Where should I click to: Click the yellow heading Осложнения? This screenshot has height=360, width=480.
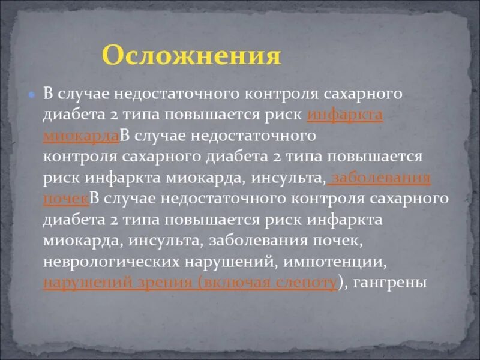(x=191, y=55)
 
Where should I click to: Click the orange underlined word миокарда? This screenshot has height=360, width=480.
(x=81, y=135)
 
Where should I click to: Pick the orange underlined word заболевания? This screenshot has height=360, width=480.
(x=381, y=178)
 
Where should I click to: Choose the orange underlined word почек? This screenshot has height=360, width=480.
(x=66, y=199)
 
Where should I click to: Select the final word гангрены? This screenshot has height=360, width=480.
(x=389, y=283)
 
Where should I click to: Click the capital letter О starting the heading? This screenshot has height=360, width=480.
(x=112, y=55)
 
